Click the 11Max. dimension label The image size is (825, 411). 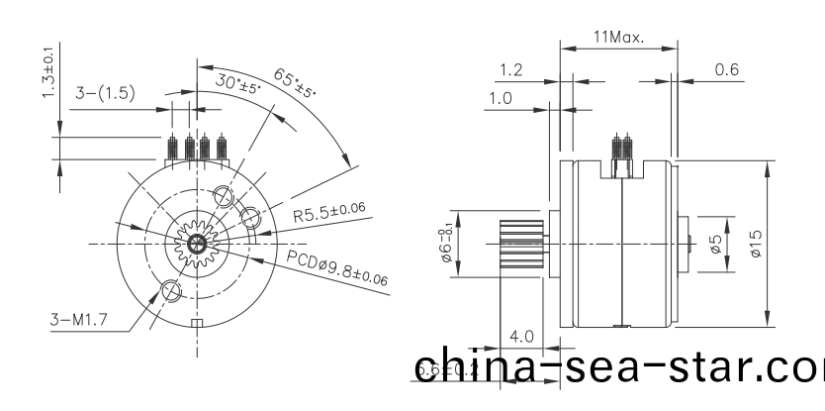(x=618, y=37)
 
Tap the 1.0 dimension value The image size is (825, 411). (x=501, y=98)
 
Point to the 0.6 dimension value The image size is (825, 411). (x=726, y=69)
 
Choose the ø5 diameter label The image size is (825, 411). (x=715, y=243)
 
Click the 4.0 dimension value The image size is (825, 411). (x=522, y=337)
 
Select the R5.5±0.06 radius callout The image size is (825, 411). (x=329, y=215)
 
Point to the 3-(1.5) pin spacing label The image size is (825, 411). (x=106, y=93)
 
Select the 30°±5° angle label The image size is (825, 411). (x=238, y=83)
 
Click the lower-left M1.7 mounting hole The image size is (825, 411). (x=169, y=290)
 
